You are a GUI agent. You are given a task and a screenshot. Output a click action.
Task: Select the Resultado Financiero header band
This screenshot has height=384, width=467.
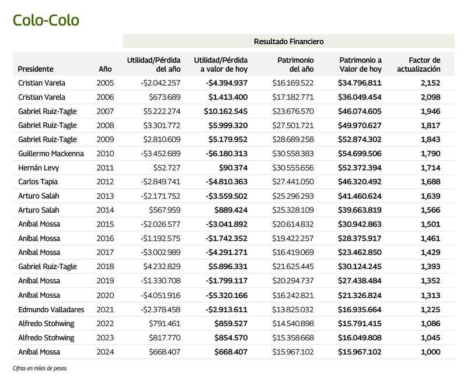288,41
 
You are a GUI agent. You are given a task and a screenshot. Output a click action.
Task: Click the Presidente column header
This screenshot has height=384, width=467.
36,69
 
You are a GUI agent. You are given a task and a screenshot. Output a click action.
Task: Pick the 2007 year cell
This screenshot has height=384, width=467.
106,111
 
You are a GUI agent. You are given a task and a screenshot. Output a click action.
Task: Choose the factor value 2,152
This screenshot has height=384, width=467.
428,83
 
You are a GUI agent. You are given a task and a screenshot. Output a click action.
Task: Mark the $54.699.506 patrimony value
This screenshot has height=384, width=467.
360,153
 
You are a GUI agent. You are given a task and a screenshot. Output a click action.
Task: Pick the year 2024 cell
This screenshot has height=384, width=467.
106,352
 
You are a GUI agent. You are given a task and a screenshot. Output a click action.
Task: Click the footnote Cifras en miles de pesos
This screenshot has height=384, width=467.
40,368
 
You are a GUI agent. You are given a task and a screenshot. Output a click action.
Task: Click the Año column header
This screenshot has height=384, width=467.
105,69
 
